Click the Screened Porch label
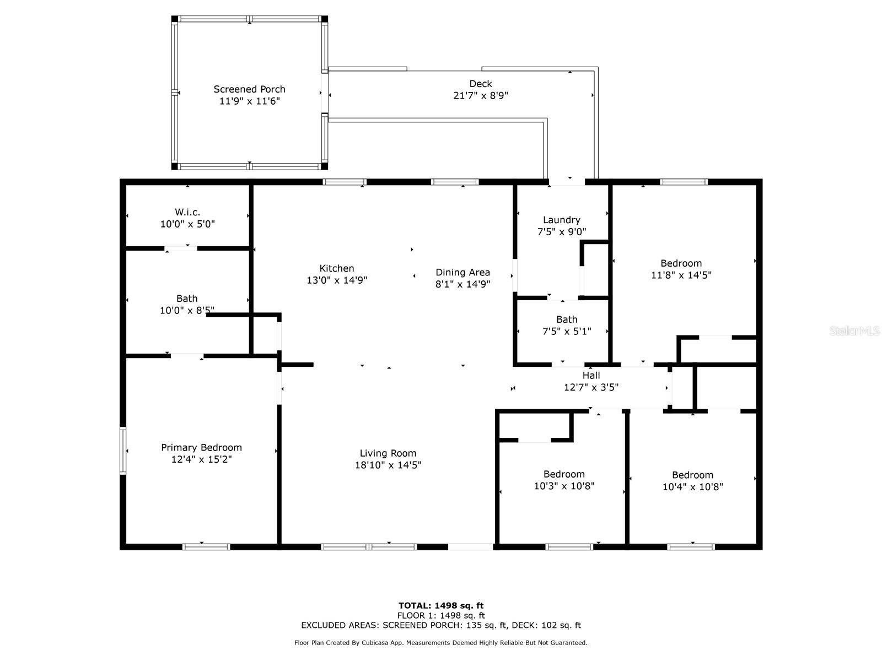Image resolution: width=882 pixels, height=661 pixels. point(249,89)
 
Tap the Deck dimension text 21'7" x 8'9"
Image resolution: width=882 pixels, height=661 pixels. point(481,95)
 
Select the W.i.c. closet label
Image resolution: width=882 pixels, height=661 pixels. point(187,212)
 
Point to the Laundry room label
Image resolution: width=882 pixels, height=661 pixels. point(561,220)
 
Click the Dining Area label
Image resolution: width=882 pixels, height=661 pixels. point(463,273)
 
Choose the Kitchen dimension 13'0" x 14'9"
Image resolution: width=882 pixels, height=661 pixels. point(337,280)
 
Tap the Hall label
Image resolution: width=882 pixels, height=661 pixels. point(591,376)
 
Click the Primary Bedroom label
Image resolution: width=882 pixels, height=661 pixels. point(201,447)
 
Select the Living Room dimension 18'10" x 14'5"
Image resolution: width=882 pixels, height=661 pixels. point(388,465)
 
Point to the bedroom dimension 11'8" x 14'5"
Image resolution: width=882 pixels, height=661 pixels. point(681,275)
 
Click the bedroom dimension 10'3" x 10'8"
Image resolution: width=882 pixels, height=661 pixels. point(564,486)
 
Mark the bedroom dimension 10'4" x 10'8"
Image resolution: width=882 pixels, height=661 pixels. point(693,487)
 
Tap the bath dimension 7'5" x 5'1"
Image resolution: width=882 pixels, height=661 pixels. point(567,332)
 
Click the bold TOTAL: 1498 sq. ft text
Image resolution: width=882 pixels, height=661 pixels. point(441,605)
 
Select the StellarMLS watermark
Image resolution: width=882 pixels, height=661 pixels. point(854,330)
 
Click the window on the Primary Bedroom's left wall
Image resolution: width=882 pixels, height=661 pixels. point(123,451)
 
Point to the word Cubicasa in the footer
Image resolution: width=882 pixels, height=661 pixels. point(375,642)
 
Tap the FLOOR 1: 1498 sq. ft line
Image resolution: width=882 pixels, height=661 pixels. point(441,616)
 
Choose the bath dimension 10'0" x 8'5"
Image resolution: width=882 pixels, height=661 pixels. point(187,310)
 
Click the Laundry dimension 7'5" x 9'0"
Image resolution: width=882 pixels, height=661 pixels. point(562,231)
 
